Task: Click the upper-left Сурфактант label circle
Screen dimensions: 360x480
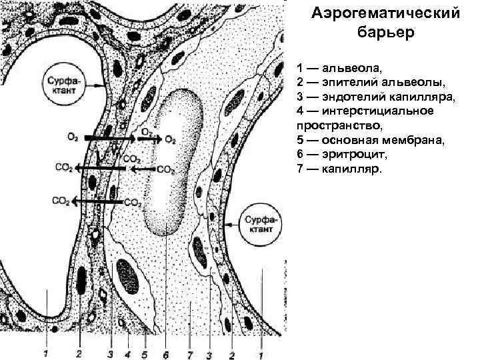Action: (65, 85)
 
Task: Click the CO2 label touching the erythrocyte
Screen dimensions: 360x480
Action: (165, 169)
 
